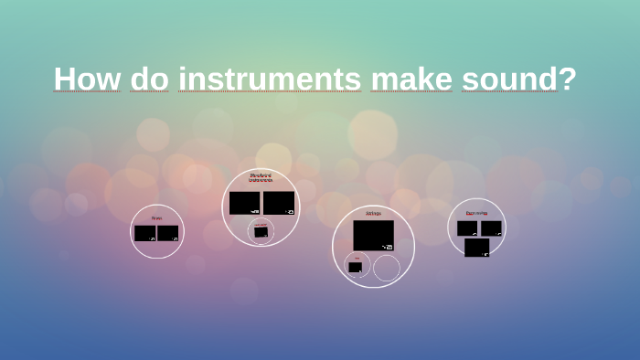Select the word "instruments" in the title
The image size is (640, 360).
270,79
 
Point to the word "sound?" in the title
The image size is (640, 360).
518,79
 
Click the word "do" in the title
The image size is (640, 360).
149,79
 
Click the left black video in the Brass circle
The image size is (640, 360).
144,233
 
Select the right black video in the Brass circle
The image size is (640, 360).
168,233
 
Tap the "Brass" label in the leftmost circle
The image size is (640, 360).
156,218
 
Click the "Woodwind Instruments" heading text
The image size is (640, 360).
261,178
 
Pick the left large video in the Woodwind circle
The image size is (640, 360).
245,202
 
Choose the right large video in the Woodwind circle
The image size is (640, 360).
279,202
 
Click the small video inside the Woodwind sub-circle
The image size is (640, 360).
261,232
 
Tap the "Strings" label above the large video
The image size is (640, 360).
373,213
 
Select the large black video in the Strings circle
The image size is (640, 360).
373,235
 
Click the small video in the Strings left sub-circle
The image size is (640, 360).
355,268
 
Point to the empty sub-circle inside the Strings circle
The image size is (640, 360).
387,268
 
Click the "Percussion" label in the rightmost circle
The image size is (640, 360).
476,213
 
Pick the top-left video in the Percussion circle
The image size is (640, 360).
467,228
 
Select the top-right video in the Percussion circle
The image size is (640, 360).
491,228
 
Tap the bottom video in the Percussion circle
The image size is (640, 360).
476,247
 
